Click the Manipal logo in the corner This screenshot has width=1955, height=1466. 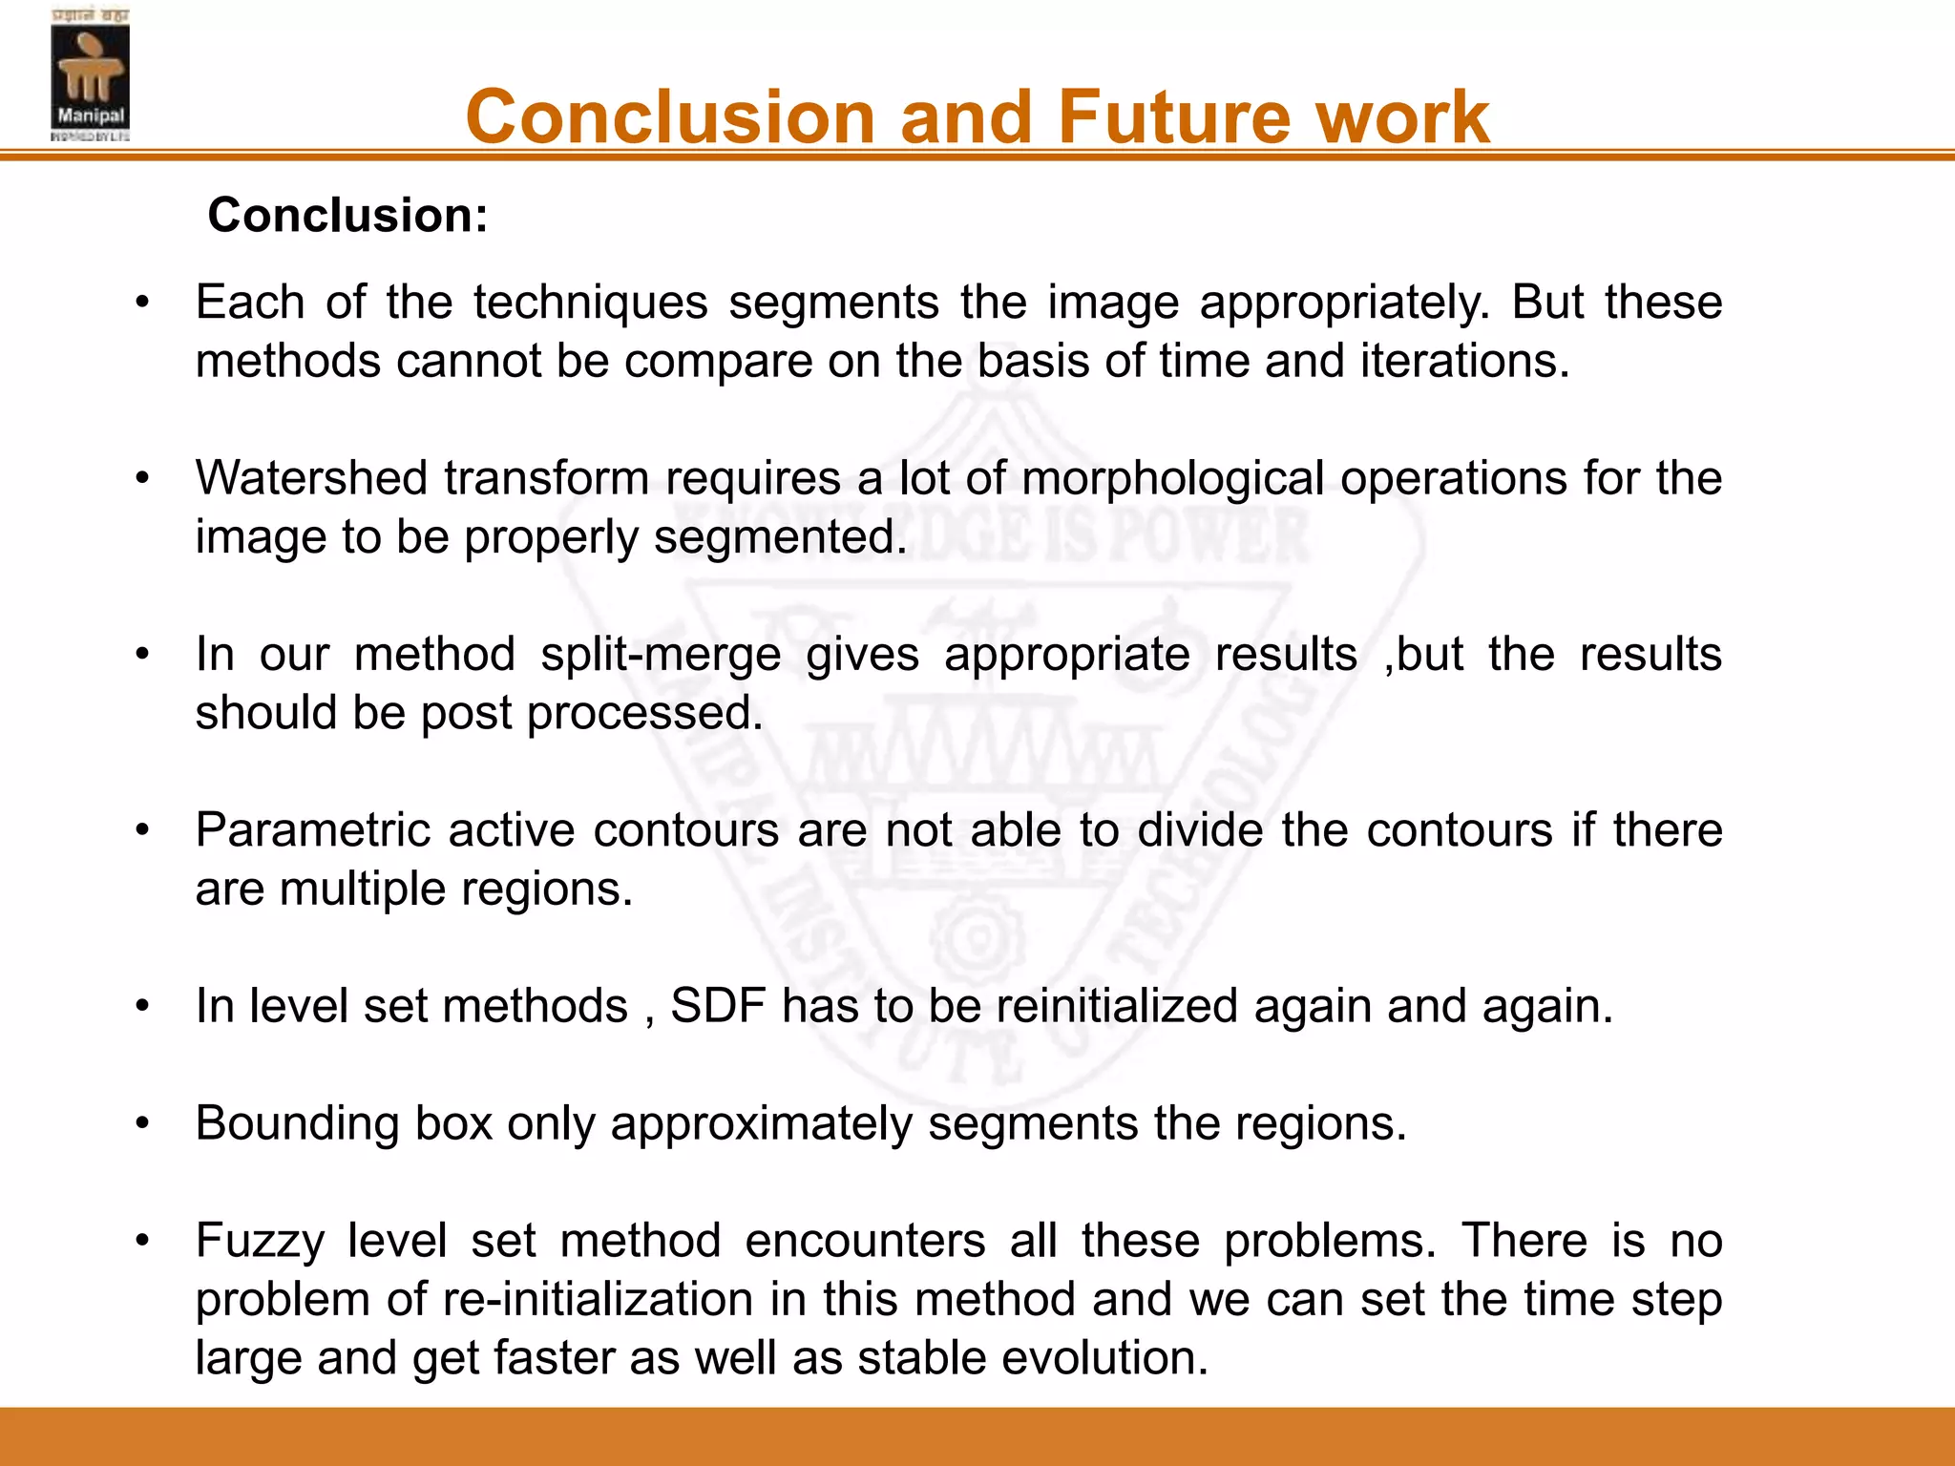(90, 74)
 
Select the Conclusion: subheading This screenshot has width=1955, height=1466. (347, 215)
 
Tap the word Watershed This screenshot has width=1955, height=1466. (310, 477)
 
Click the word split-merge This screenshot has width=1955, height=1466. (661, 655)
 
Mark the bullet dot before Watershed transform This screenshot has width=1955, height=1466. (142, 477)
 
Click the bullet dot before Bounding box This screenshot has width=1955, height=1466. (142, 1123)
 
